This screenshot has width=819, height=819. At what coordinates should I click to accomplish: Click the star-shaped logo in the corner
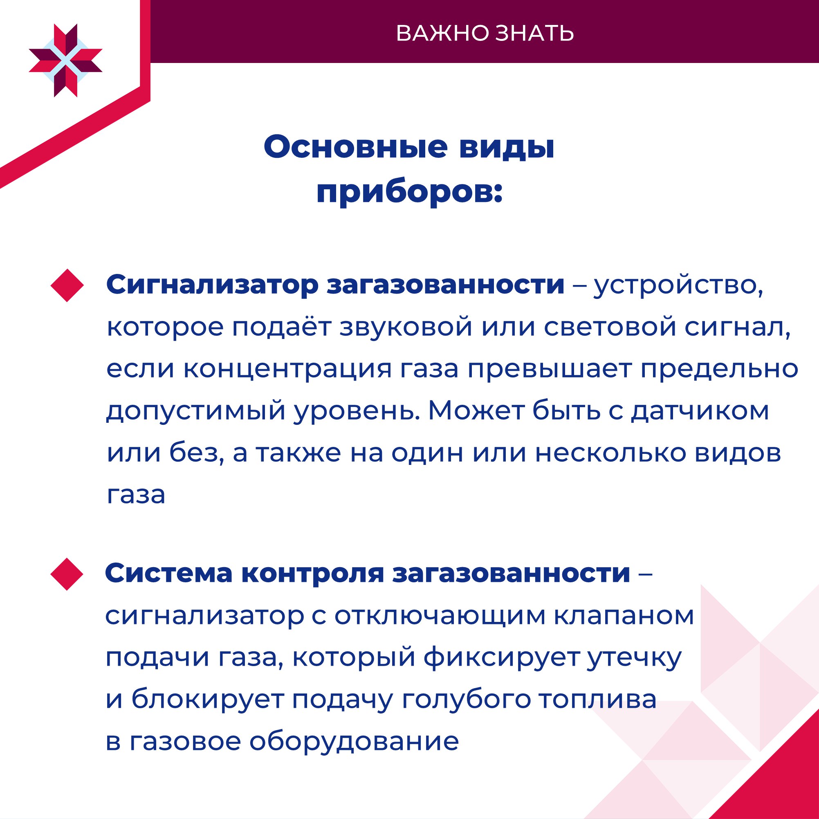point(66,61)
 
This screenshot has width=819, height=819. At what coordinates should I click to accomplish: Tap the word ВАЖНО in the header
point(442,34)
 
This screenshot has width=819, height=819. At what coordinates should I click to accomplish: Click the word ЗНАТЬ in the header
point(535,34)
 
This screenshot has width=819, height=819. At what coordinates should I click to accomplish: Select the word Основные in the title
point(355,147)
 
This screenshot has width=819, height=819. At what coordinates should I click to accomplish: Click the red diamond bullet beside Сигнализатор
point(67,286)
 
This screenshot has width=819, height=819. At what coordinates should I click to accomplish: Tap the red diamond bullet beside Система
point(67,574)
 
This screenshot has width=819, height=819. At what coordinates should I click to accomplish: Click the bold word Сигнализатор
point(212,285)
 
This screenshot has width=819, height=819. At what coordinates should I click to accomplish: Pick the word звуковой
point(406,327)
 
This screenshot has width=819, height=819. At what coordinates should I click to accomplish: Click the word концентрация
point(288,370)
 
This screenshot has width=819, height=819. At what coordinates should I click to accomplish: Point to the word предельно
point(719,369)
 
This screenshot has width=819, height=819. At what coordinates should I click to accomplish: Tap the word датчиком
point(700,411)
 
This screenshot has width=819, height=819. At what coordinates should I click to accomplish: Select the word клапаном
point(624,616)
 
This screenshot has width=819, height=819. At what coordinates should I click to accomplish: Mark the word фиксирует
point(501,658)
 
